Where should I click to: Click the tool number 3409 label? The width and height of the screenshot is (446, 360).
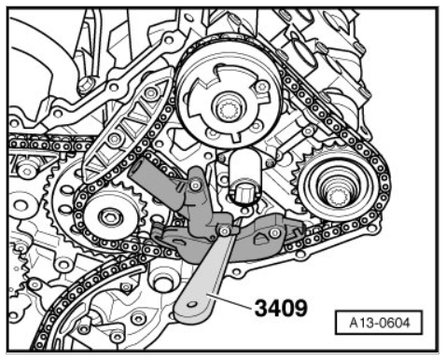click(x=281, y=308)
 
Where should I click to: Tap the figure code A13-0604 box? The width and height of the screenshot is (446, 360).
click(x=379, y=323)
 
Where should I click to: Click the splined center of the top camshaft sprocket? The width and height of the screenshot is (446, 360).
click(x=229, y=111)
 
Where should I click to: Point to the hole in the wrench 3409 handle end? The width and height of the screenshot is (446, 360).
click(x=193, y=304)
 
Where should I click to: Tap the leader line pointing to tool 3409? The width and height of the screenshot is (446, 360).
click(x=230, y=301)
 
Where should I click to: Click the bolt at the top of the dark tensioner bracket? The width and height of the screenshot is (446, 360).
click(x=195, y=186)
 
